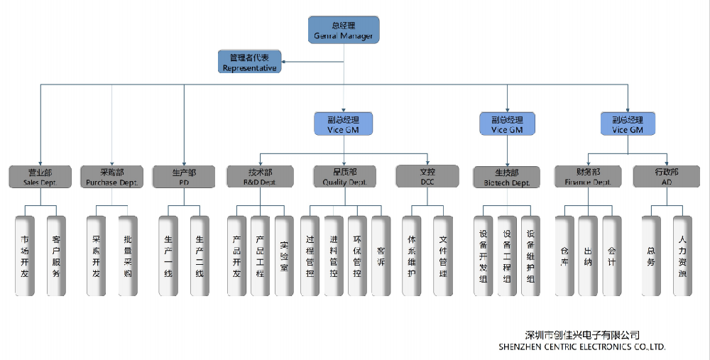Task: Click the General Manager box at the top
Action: point(344,31)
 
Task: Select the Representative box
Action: point(250,62)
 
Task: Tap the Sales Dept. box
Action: point(40,177)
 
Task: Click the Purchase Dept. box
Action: point(111,177)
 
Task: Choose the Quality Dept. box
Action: point(345,176)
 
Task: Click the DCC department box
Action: point(427,176)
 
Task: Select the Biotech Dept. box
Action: point(507,177)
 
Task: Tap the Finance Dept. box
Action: point(588,176)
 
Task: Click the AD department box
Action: point(667,176)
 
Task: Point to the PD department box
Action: point(184,177)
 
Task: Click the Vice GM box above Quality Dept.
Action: point(344,124)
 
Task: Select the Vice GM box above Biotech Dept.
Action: point(507,124)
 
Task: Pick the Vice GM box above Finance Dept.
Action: point(628,124)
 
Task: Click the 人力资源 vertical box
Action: point(682,256)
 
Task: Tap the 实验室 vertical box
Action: point(284,256)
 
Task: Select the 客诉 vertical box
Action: point(381,256)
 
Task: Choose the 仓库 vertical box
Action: point(564,256)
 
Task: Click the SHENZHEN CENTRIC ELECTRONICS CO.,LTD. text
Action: point(582,347)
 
